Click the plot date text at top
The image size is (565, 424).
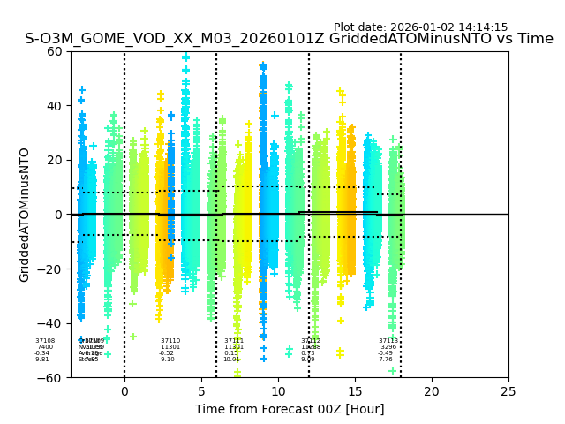pos(420,27)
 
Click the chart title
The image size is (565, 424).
pos(289,39)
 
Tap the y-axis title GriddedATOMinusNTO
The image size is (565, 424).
pos(25,215)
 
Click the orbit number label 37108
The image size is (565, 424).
pos(44,341)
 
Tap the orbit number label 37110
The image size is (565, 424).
pos(170,341)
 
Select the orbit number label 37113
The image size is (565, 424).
pos(388,341)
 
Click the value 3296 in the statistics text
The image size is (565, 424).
pos(388,347)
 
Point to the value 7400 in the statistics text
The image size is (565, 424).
pos(44,347)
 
